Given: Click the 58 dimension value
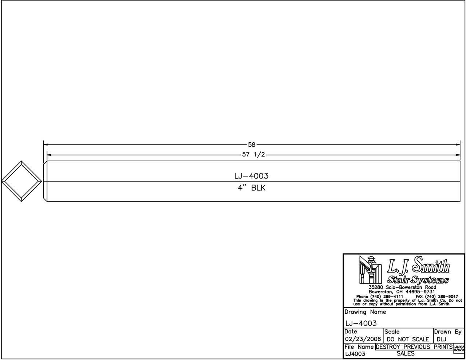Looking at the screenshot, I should pos(252,145).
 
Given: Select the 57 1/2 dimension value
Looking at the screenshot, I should pos(253,155).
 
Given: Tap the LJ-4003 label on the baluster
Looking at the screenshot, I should pos(251,176).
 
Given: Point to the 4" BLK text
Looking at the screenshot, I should pos(252,188).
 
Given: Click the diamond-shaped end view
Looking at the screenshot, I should pos(21,181).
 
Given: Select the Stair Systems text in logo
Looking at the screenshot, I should pos(418,280).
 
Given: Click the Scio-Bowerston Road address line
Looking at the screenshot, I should pos(402,288).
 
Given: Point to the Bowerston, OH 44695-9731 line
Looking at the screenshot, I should pos(402,292).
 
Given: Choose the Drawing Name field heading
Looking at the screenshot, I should pos(365,312).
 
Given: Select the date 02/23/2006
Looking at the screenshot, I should pos(363,339).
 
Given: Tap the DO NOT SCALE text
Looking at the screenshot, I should pos(408,339).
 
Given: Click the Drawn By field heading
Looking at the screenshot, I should pos(448,332).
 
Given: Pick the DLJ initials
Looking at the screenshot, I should pos(441,339).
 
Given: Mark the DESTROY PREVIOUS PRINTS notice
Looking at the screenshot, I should pos(414,347).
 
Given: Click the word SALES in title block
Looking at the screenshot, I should pos(406,353).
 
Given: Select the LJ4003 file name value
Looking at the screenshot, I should pos(355,354).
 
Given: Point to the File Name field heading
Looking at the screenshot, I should pos(359,347).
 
